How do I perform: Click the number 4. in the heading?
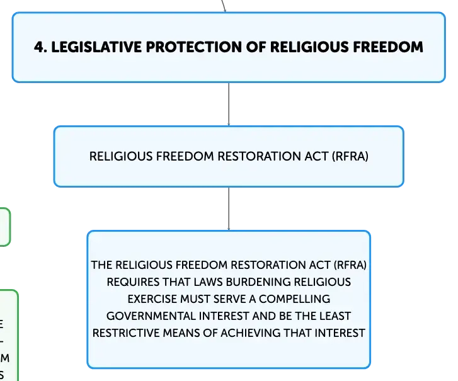(40, 47)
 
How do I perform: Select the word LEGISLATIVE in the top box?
(96, 47)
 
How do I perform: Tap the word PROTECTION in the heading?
(193, 47)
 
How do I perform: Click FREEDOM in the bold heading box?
(388, 47)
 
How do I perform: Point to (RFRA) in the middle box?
(350, 156)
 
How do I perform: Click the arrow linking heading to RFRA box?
(229, 105)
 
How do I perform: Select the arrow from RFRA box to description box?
(229, 208)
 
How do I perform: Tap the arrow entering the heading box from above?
(224, 6)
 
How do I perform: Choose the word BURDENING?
(258, 282)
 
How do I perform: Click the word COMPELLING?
(294, 299)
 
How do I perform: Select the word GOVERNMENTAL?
(151, 316)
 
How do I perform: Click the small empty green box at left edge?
(5, 227)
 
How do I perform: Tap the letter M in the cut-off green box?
(5, 358)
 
